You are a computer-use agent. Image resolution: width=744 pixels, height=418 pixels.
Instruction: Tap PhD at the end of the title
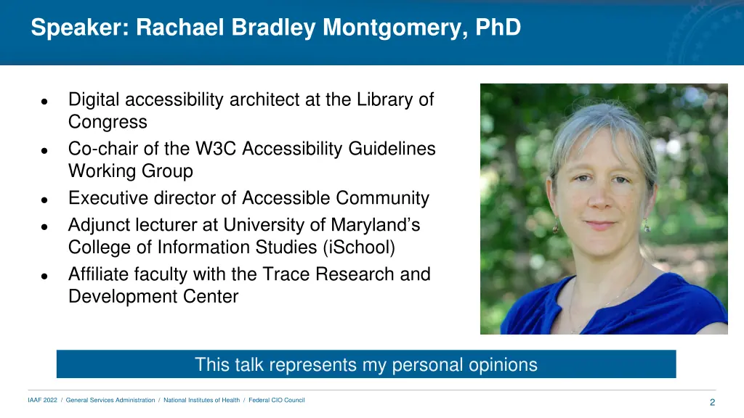pos(498,28)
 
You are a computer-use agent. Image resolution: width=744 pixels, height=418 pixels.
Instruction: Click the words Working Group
pos(131,171)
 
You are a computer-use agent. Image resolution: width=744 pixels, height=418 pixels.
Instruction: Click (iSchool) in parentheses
pos(358,247)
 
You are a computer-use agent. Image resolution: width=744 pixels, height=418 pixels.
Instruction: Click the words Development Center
pos(153,297)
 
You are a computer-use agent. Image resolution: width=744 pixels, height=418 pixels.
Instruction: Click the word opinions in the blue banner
pos(501,364)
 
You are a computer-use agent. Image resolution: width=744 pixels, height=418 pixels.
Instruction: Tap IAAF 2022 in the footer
pos(42,401)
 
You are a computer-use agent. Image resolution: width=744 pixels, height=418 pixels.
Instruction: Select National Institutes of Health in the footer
pos(201,401)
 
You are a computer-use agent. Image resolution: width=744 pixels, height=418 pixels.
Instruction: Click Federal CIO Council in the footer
pos(277,401)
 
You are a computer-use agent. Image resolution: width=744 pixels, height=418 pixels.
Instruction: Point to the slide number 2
pos(712,403)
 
